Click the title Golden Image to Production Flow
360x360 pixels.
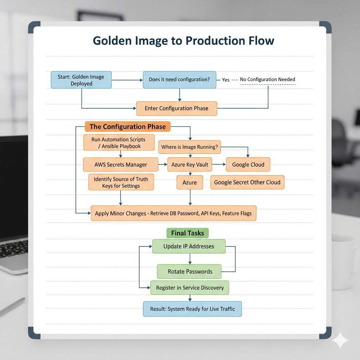click(183, 40)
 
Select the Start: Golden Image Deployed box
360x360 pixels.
click(81, 80)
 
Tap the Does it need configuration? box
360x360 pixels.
click(179, 79)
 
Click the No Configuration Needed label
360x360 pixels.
click(268, 79)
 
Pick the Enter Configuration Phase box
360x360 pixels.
click(176, 108)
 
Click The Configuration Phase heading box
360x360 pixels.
click(128, 127)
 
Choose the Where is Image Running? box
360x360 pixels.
click(189, 147)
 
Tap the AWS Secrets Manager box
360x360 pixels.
click(121, 165)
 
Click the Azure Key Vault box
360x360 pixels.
click(190, 165)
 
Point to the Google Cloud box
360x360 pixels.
click(248, 165)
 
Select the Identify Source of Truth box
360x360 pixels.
click(121, 182)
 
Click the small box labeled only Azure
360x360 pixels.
click(189, 183)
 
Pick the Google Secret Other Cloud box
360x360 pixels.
click(247, 182)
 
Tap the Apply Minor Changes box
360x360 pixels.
click(173, 213)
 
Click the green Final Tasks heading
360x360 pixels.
click(187, 233)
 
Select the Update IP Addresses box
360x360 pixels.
click(188, 246)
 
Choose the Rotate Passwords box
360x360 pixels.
click(190, 271)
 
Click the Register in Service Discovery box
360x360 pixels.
click(190, 288)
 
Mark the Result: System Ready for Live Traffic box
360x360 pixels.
click(192, 309)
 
